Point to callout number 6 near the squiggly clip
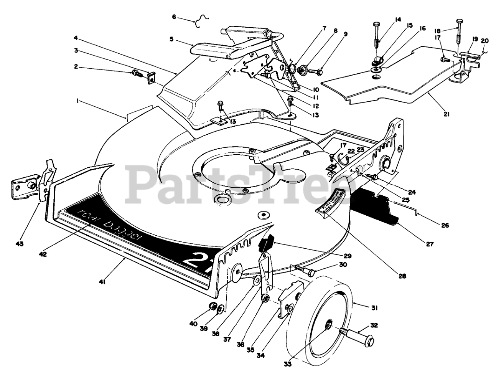pos(174,17)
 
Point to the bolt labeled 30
pos(305,271)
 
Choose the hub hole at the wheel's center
pos(328,326)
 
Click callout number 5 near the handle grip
pos(171,39)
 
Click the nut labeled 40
pos(211,306)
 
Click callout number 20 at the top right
pos(485,41)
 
